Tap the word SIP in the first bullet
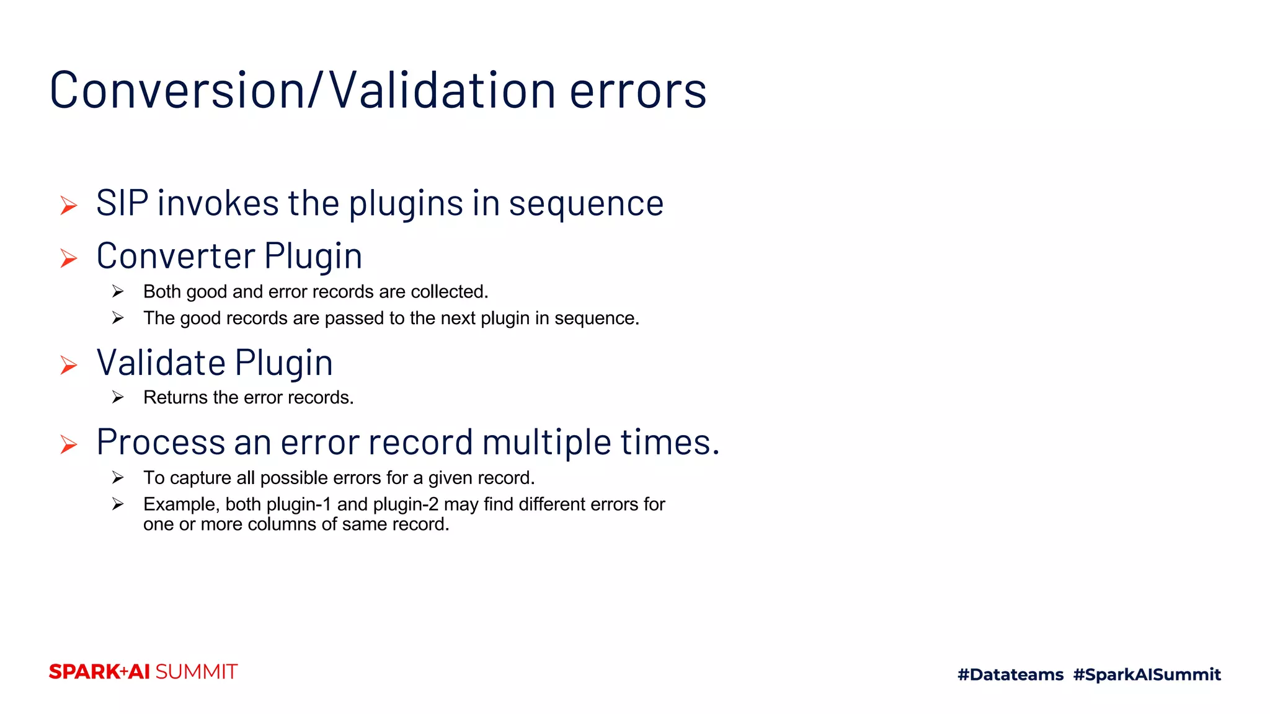122,203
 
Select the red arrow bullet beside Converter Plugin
69,258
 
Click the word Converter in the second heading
175,256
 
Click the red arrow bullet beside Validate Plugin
69,365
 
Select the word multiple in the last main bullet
546,443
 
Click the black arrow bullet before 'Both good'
118,291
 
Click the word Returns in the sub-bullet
175,397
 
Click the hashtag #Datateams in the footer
1010,674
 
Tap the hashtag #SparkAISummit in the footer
1147,674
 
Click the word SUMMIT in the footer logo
197,672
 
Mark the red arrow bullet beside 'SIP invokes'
69,205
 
